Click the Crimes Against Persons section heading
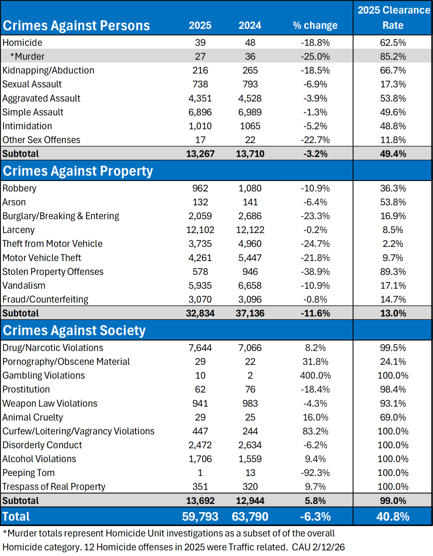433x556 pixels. coord(76,26)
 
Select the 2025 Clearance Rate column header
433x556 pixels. coord(393,18)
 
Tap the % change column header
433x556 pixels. coord(315,26)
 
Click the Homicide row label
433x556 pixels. coord(22,43)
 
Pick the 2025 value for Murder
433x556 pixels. coord(200,57)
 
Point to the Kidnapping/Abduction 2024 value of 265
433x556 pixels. coord(250,70)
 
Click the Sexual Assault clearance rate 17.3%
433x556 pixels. coord(393,84)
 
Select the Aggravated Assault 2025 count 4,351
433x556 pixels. coord(200,98)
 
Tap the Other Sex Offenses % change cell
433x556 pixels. coord(315,140)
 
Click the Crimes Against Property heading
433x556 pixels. coord(78,171)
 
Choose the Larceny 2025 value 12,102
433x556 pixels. coord(200,230)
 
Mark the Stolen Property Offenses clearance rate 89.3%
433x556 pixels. coord(393,272)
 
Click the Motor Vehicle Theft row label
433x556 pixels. coord(42,258)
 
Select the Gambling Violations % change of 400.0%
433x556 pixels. coord(315,376)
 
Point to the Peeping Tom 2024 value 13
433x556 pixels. coord(250,473)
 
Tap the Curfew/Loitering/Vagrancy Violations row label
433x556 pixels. coord(78,431)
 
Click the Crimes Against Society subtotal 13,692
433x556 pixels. coord(200,501)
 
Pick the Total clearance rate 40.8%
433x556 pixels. coord(393,517)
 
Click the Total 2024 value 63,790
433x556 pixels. coord(250,517)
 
